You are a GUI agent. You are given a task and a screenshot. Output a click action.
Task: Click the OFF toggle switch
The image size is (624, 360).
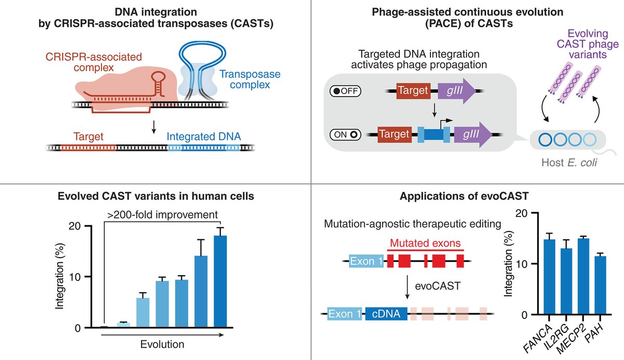point(345,91)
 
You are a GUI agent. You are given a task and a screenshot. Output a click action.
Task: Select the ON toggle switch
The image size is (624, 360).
point(345,134)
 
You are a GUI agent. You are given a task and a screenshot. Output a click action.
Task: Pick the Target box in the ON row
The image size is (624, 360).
point(394,134)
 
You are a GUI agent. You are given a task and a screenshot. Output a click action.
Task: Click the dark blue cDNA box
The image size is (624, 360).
point(386,314)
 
